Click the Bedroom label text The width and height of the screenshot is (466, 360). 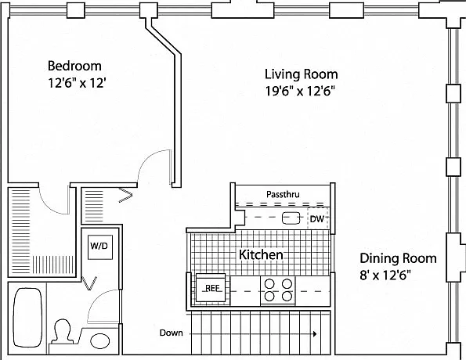74,66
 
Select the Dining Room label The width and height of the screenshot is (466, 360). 398,258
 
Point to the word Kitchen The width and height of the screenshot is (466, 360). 261,255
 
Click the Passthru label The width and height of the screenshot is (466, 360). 283,194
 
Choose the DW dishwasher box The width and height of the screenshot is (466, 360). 317,219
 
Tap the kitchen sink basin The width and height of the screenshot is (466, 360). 291,218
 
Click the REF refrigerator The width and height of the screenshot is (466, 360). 212,289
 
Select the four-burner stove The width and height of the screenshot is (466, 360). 278,290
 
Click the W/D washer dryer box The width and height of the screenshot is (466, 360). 100,247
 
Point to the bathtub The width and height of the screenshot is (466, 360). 27,317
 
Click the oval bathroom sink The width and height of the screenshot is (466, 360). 100,341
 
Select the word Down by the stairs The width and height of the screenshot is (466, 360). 172,333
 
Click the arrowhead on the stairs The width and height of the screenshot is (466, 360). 315,334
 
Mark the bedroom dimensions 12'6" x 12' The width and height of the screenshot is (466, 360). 77,83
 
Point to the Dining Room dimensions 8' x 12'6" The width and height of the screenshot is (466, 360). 385,275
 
